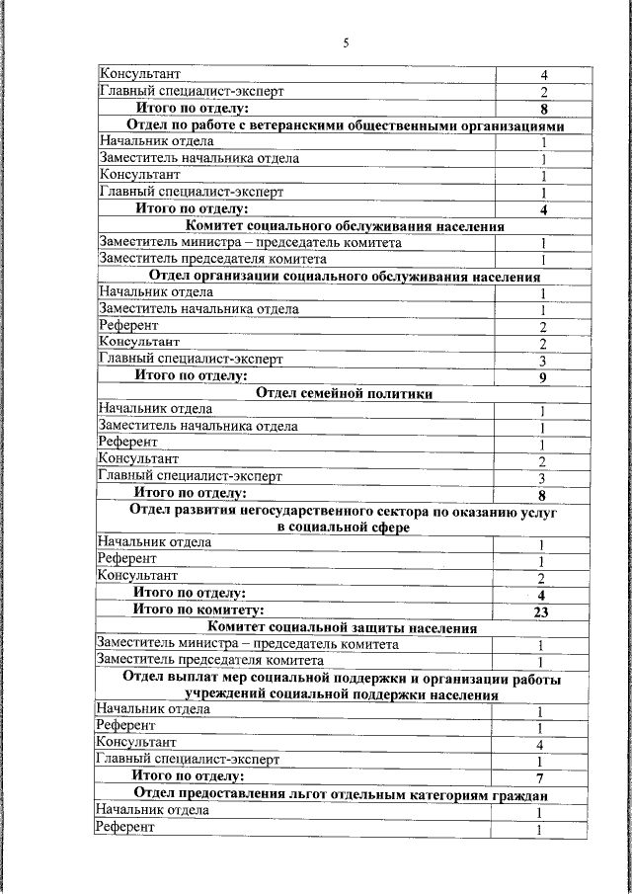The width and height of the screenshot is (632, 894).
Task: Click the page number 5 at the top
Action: [x=346, y=42]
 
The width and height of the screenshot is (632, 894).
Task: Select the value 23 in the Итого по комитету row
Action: [x=540, y=612]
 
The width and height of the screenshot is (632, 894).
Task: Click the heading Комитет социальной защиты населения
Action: [x=344, y=627]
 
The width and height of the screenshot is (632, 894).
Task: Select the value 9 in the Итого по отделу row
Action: [x=542, y=377]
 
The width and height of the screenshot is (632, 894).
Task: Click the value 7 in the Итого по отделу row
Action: [x=540, y=778]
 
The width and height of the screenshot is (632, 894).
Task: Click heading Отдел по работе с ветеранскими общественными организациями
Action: [x=346, y=126]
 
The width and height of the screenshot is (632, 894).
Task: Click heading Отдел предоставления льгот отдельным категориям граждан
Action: [x=342, y=794]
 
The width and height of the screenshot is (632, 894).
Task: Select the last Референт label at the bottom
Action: [x=125, y=827]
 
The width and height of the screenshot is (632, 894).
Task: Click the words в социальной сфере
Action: [x=343, y=528]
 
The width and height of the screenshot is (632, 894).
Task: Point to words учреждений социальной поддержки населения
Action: [x=342, y=694]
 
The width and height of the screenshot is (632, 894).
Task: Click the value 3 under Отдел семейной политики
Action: [x=542, y=478]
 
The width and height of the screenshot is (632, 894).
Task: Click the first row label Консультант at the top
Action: [x=139, y=74]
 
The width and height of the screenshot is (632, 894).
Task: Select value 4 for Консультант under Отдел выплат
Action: [x=540, y=744]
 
